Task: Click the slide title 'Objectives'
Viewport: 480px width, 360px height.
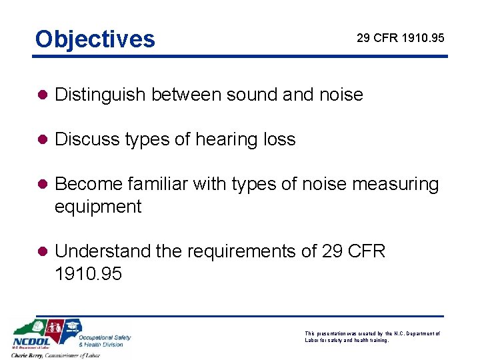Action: point(95,39)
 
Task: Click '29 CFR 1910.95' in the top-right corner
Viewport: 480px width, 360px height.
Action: point(400,38)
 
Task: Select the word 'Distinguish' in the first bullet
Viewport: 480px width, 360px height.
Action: point(101,95)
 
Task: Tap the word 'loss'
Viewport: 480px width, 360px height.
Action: point(279,140)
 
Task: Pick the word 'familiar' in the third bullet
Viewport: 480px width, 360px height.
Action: point(153,185)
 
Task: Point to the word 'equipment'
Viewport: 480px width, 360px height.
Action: point(98,207)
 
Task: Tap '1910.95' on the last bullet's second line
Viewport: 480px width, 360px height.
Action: point(88,274)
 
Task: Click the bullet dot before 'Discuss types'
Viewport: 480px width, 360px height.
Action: point(42,140)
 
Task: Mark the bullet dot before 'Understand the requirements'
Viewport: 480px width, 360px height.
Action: point(42,252)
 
